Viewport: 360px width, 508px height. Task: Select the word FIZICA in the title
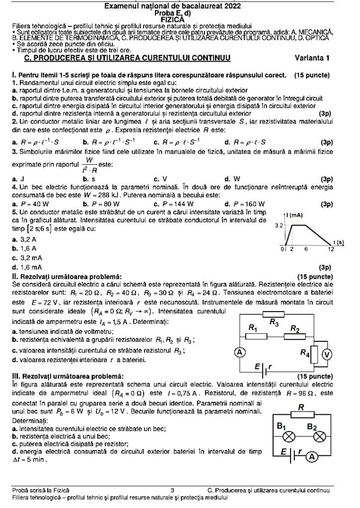click(179, 20)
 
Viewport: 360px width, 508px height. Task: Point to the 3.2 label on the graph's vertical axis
click(278, 225)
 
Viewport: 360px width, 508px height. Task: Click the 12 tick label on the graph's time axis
click(331, 249)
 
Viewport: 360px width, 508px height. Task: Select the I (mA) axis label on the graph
click(295, 215)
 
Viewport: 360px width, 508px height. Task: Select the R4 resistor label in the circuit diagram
click(306, 353)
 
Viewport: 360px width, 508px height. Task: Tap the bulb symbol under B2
click(319, 437)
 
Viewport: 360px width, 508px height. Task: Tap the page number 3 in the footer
click(172, 491)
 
